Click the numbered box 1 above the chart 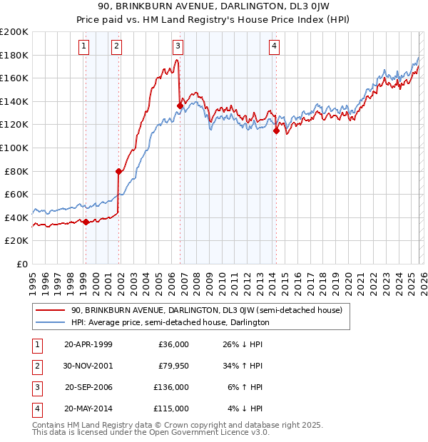point(85,47)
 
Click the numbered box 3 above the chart point(178,47)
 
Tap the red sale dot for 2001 point(118,171)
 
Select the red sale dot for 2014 point(276,130)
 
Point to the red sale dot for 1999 point(86,222)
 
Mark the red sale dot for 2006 point(180,106)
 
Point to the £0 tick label point(21,264)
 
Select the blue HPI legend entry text point(170,322)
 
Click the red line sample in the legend point(50,310)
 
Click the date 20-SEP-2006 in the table point(88,387)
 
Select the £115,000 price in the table point(171,408)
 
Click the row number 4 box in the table point(36,408)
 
